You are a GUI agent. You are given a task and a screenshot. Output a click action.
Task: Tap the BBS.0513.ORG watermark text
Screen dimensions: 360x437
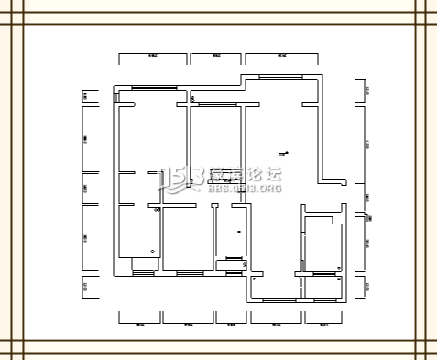coord(245,189)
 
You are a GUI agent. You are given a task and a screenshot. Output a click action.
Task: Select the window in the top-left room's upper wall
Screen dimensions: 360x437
coord(154,87)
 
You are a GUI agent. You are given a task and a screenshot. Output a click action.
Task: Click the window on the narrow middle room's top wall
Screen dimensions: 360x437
coord(215,105)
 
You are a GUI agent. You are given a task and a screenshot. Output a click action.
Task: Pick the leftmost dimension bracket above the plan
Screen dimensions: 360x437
coord(152,59)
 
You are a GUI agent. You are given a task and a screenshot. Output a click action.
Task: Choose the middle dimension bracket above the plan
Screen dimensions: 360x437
coord(216,59)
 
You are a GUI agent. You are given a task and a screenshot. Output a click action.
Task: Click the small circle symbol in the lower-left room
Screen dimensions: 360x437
coord(152,250)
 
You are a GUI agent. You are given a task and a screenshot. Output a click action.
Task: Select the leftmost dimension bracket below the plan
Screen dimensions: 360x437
coord(139,321)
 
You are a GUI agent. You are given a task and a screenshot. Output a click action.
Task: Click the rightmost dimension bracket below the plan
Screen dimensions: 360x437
coord(322,321)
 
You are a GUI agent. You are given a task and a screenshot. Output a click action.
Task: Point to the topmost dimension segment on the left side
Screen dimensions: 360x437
coord(85,93)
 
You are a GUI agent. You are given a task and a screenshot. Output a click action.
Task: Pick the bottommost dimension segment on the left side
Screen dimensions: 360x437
coord(85,287)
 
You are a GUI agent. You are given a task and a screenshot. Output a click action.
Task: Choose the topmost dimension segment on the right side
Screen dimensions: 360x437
coord(366,89)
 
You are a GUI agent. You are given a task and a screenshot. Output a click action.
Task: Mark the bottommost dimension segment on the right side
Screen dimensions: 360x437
coord(366,287)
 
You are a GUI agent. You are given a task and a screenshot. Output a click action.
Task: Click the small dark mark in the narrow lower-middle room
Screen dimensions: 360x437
coord(237,233)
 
